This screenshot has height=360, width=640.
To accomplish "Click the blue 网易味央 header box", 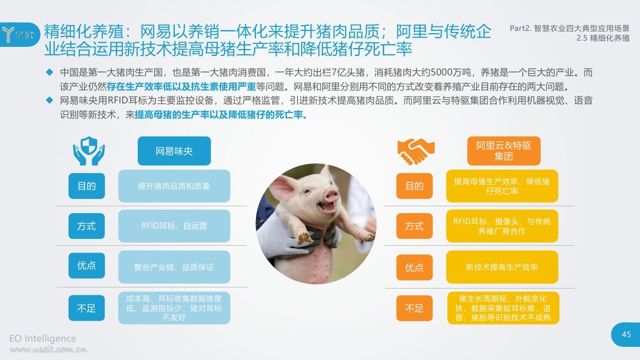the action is pyautogui.click(x=174, y=151).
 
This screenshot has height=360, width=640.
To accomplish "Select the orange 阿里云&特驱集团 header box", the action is pyautogui.click(x=503, y=151).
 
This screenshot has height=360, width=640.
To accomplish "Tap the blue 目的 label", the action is pyautogui.click(x=86, y=186).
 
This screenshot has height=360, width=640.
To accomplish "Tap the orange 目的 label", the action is pyautogui.click(x=414, y=186).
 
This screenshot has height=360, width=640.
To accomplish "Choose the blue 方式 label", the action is pyautogui.click(x=86, y=226).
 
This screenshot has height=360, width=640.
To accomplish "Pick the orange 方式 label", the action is pyautogui.click(x=414, y=226).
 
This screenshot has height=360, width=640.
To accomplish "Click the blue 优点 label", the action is pyautogui.click(x=86, y=266).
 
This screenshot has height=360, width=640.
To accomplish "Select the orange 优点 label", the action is pyautogui.click(x=414, y=267).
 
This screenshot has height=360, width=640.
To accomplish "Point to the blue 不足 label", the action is pyautogui.click(x=86, y=308).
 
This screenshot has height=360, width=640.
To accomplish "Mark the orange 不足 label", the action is pyautogui.click(x=414, y=308).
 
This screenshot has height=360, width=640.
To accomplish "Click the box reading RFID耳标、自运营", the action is pyautogui.click(x=174, y=226).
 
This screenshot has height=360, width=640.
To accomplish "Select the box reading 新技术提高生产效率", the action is pyautogui.click(x=502, y=267).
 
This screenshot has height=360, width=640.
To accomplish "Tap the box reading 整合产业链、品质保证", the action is pyautogui.click(x=174, y=267).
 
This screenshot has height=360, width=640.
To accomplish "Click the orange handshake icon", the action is pyautogui.click(x=416, y=151).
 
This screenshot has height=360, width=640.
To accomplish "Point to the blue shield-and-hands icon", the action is pyautogui.click(x=89, y=151).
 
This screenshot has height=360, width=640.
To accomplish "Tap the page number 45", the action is pyautogui.click(x=626, y=334).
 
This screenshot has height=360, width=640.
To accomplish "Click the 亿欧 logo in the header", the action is pyautogui.click(x=19, y=34).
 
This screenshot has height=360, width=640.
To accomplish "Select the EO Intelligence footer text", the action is pyautogui.click(x=43, y=338).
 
